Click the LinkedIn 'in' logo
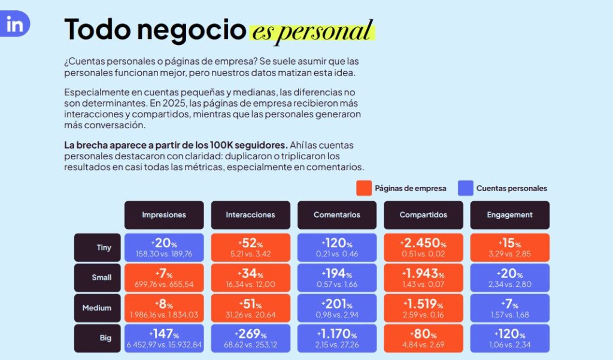point(14,25)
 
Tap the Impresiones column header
point(163,215)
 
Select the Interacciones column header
point(250,215)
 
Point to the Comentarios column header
point(337,215)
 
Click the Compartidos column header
point(423,215)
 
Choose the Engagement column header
point(509,215)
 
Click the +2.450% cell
point(423,247)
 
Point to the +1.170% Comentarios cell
point(337,338)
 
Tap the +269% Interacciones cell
point(250,338)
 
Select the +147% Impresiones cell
point(163,338)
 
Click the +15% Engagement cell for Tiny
point(509,247)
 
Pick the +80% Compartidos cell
point(423,338)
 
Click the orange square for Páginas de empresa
point(364,188)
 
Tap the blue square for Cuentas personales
point(466,188)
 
